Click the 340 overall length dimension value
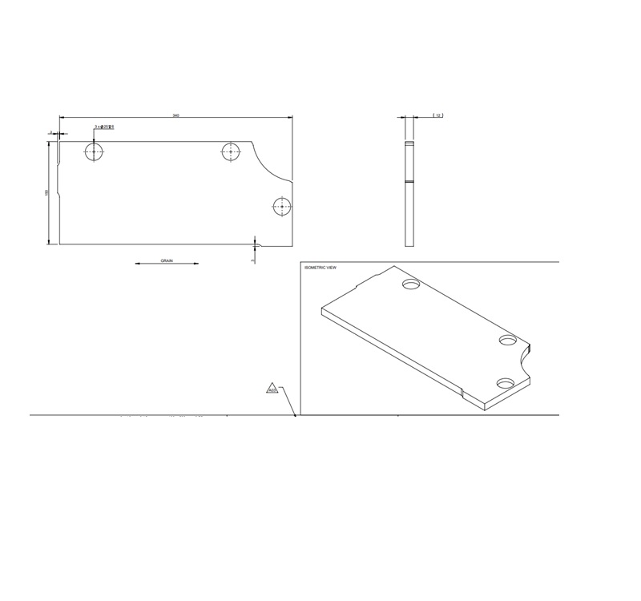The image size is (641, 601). pyautogui.click(x=175, y=116)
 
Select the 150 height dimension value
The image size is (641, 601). pyautogui.click(x=47, y=193)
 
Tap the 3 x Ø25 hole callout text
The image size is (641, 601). pyautogui.click(x=104, y=127)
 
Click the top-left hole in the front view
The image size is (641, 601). pyautogui.click(x=95, y=151)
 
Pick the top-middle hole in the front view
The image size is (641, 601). pyautogui.click(x=232, y=151)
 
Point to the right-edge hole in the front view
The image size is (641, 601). pyautogui.click(x=281, y=207)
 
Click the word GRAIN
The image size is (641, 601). pyautogui.click(x=167, y=260)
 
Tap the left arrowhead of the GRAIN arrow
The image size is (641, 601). pyautogui.click(x=138, y=264)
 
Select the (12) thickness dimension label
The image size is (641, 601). pyautogui.click(x=438, y=116)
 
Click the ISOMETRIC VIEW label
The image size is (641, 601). pyautogui.click(x=320, y=267)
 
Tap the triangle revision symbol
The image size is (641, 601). pyautogui.click(x=272, y=389)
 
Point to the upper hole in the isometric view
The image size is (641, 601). pyautogui.click(x=412, y=284)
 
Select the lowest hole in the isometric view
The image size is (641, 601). pyautogui.click(x=506, y=383)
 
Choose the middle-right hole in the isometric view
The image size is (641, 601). pyautogui.click(x=508, y=340)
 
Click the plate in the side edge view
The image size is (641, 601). pyautogui.click(x=409, y=192)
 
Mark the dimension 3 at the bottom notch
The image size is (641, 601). pyautogui.click(x=253, y=260)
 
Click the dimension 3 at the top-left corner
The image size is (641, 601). pyautogui.click(x=50, y=132)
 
